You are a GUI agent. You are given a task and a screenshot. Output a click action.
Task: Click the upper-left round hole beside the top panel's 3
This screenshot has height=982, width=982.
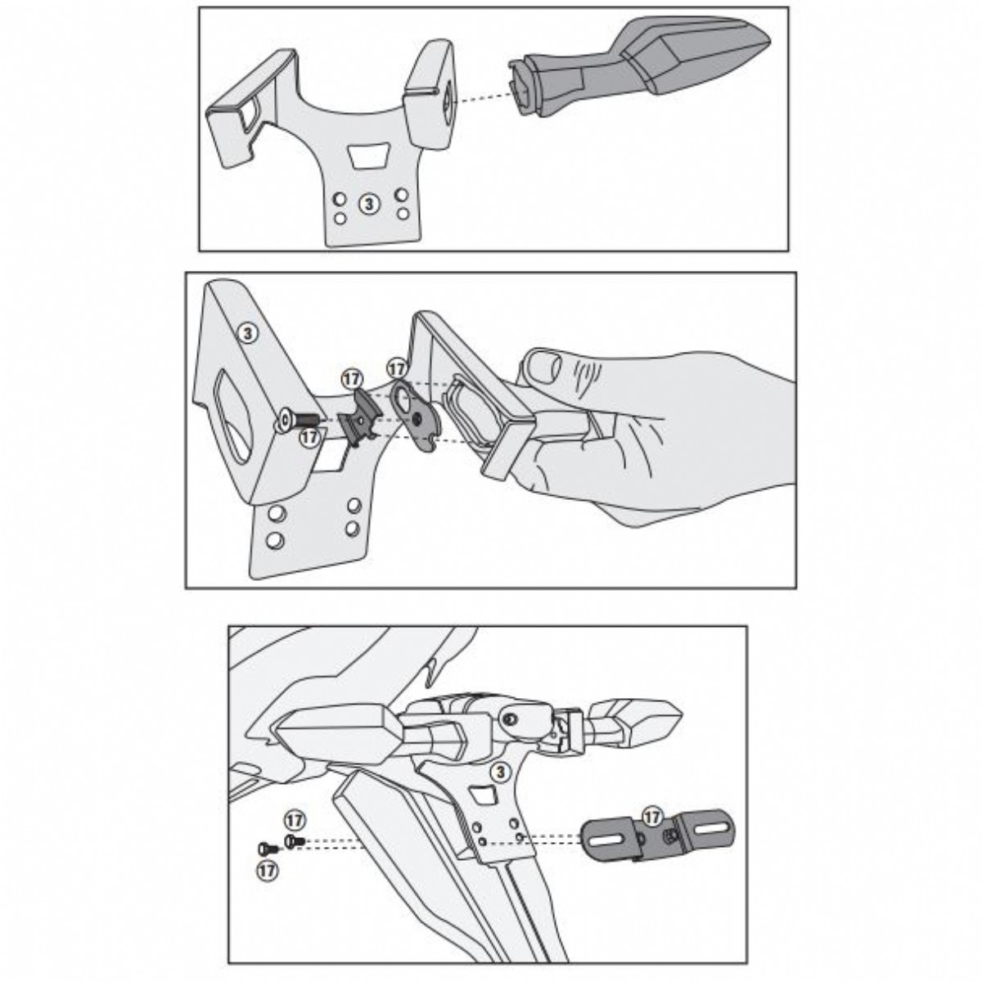(x=340, y=198)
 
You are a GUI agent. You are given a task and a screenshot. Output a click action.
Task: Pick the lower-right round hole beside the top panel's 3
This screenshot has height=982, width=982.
(x=403, y=213)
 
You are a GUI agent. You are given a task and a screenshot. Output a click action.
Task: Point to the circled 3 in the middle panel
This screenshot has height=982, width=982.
(x=248, y=334)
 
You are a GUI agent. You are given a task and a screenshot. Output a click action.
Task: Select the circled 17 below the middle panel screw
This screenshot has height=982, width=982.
(x=309, y=437)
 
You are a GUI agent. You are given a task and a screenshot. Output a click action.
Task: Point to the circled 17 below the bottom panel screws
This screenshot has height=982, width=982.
(x=267, y=871)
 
